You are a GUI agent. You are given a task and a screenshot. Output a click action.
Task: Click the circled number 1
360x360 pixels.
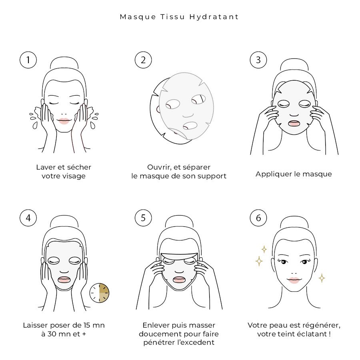28,60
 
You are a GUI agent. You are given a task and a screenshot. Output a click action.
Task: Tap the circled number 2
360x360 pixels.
143,60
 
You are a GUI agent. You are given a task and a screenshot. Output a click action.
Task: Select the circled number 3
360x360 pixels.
258,60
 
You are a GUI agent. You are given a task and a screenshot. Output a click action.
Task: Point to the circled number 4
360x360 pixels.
28,218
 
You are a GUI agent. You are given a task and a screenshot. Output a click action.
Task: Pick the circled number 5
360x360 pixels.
143,218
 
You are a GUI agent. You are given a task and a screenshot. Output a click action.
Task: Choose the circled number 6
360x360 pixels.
258,218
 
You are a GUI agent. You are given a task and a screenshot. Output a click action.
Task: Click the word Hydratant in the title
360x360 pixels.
214,17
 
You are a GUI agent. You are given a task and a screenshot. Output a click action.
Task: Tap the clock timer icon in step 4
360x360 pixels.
100,293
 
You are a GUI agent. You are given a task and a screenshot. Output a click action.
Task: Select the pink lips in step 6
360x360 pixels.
294,280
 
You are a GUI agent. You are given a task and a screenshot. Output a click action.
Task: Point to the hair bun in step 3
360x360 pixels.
294,65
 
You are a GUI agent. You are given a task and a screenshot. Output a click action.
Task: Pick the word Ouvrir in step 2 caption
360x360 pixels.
159,167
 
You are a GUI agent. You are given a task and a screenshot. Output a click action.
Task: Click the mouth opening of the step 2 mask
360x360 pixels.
190,126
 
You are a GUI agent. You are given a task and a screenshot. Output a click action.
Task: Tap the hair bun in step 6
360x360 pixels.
294,223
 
